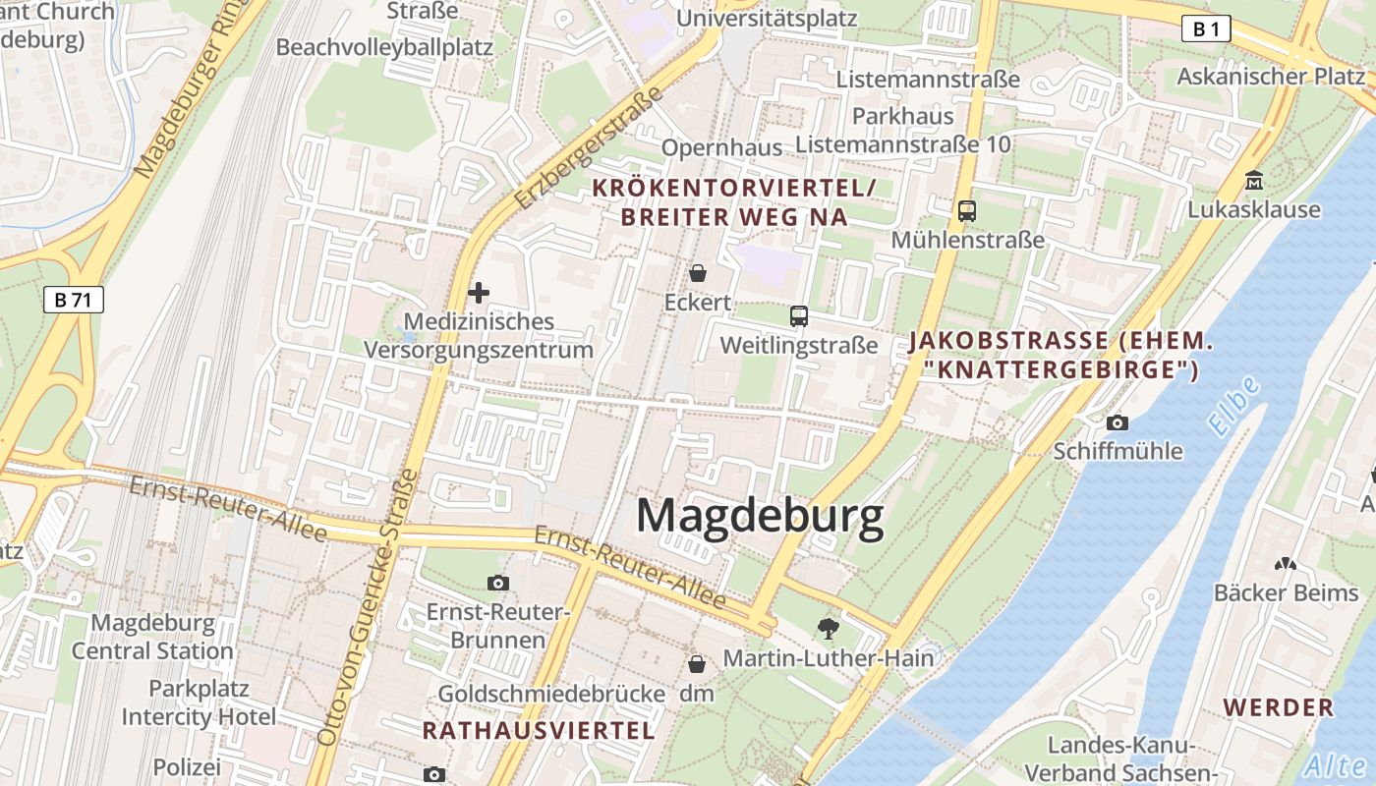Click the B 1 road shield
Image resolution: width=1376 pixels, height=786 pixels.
coord(1206,29)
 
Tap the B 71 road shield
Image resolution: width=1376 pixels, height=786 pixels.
coord(73,300)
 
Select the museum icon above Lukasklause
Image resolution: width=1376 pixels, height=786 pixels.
coord(1254,181)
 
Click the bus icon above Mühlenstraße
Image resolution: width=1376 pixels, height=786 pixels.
coord(967,210)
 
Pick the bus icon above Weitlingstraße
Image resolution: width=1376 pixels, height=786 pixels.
coord(798,316)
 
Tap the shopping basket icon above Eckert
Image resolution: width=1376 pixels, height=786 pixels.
coord(698,273)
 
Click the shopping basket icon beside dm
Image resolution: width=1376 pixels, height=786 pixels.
coord(697,664)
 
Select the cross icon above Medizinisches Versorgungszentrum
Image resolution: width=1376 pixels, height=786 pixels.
coord(479,293)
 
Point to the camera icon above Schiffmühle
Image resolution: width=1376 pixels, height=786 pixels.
coord(1118,422)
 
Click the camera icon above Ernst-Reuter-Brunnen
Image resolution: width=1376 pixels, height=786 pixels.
coord(498,583)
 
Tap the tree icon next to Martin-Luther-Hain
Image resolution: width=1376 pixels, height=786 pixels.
coord(829,628)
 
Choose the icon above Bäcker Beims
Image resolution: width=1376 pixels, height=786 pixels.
coord(1285,564)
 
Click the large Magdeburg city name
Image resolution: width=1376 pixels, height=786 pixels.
coord(760,516)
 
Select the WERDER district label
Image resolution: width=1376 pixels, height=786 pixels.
coord(1279,707)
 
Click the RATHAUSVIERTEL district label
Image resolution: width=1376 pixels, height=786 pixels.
coord(539,730)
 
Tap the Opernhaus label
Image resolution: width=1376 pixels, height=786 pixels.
coord(721,147)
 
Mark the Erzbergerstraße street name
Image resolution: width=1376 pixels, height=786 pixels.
coord(589,147)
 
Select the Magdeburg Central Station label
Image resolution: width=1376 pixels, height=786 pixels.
coord(152,637)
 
